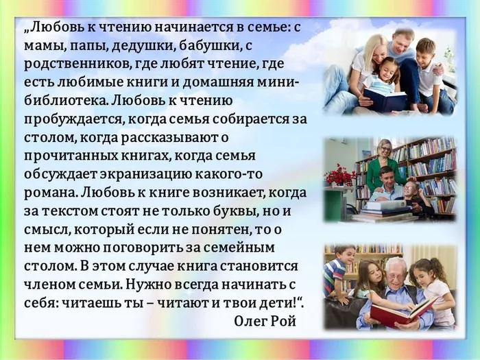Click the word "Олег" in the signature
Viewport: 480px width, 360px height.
tap(250, 320)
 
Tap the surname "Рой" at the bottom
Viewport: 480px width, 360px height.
tap(283, 320)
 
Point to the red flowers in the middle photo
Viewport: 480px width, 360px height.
tap(340, 174)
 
